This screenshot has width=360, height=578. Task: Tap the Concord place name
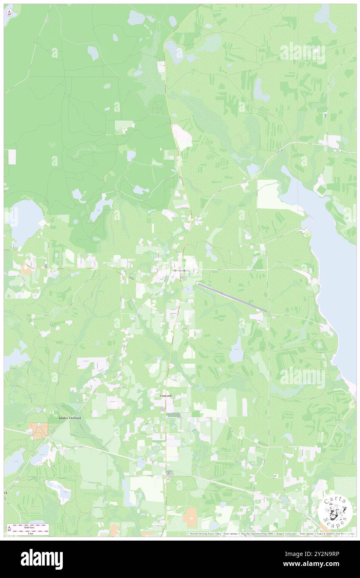click(165, 396)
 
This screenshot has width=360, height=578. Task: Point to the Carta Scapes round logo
click(335, 512)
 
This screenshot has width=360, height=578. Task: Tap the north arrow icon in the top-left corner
click(9, 13)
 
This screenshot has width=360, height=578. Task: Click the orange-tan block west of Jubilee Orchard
click(38, 431)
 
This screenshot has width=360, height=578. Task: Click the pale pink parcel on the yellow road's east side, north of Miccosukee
click(182, 137)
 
